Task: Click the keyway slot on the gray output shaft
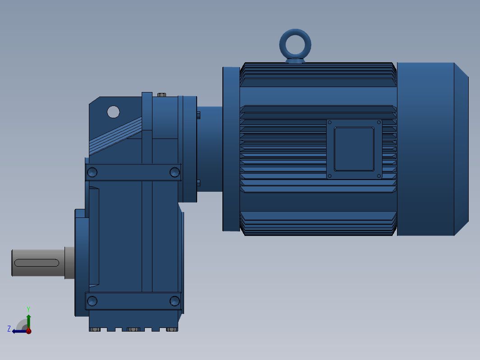coord(37,263)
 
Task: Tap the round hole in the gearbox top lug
coord(113,112)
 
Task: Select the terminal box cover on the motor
coord(354,149)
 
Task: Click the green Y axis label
coord(28,309)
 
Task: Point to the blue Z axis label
coord(9,328)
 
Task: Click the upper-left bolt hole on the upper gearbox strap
coord(92,172)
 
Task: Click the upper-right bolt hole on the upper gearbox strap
coord(175,172)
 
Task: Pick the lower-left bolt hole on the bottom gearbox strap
coord(92,301)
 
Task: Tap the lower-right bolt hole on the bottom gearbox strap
coord(175,301)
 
